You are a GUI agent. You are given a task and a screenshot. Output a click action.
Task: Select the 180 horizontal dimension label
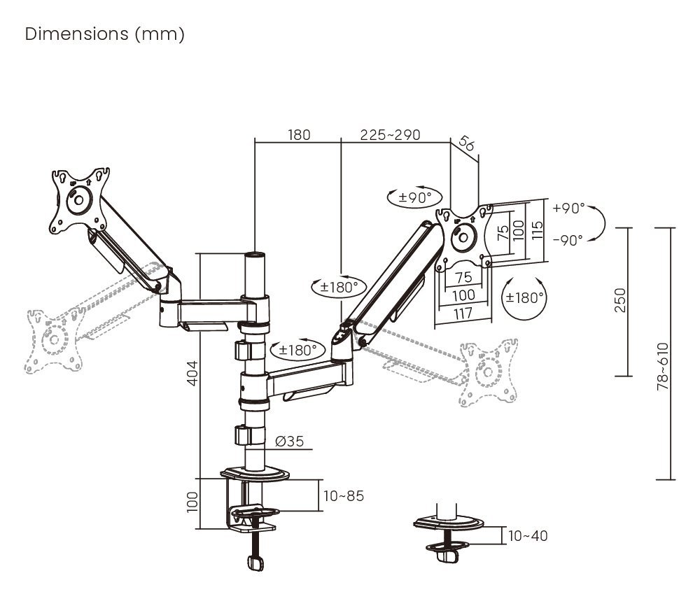(299, 134)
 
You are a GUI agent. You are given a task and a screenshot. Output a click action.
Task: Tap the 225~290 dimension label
(390, 134)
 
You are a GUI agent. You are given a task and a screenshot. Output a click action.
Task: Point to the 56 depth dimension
(466, 145)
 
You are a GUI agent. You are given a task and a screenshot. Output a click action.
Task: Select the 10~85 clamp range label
(344, 496)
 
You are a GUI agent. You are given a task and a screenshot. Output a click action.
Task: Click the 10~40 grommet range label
(528, 536)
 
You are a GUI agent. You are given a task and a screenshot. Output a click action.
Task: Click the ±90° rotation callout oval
(415, 197)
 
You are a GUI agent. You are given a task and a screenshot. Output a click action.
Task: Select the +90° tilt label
(568, 208)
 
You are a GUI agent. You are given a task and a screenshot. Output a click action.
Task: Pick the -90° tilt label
(568, 240)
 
